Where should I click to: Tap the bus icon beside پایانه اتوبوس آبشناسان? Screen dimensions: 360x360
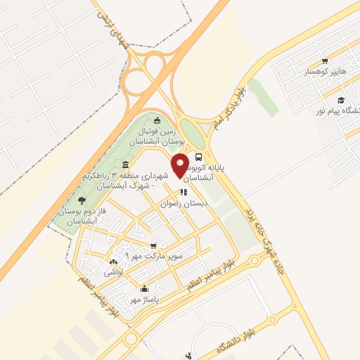[x=199, y=157]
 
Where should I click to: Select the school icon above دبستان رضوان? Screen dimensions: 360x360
[x=183, y=192]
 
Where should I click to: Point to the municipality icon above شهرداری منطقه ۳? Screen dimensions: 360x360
[x=125, y=165]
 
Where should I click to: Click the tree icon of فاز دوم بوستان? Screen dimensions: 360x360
[x=82, y=181]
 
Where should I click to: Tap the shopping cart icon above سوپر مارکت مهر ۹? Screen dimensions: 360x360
[x=153, y=245]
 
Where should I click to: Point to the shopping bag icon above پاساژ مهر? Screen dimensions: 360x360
[x=145, y=288]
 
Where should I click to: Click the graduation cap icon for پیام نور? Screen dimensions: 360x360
[x=341, y=100]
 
